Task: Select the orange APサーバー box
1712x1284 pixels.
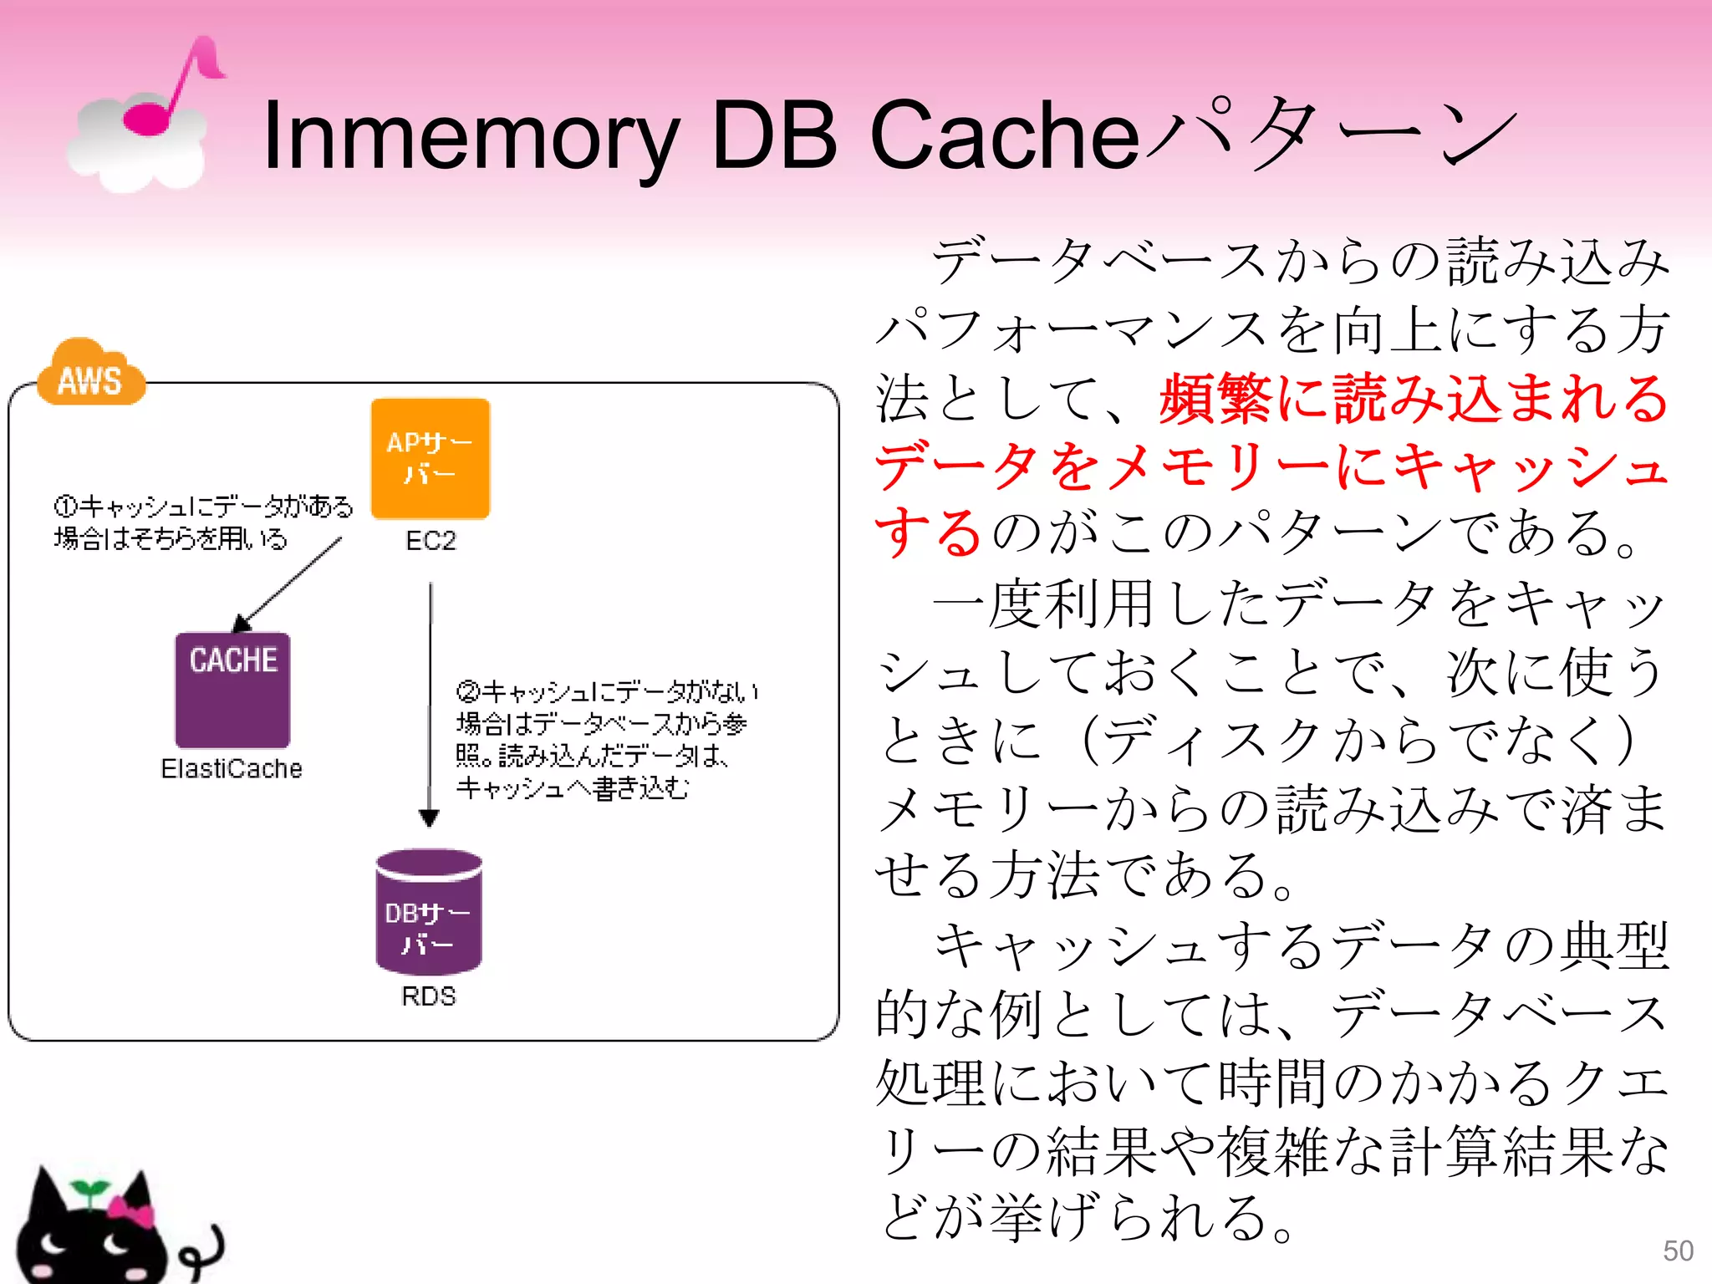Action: click(x=430, y=458)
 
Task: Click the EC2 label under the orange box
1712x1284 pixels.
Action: click(x=431, y=541)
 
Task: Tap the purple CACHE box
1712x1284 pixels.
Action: click(x=232, y=690)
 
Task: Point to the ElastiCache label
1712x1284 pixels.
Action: click(x=232, y=768)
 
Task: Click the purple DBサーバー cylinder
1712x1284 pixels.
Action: click(x=429, y=913)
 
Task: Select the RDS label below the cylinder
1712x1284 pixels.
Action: click(x=429, y=996)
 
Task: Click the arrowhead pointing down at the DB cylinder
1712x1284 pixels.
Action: click(x=429, y=817)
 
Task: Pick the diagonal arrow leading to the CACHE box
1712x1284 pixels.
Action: click(x=288, y=585)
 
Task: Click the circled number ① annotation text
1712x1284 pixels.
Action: click(x=203, y=522)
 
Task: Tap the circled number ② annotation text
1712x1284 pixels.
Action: click(x=606, y=740)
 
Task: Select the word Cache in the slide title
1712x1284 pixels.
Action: click(x=1003, y=136)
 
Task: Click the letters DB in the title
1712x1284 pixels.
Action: click(x=772, y=136)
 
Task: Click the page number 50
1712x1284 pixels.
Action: click(x=1678, y=1251)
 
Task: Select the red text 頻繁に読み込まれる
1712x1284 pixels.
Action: click(x=1413, y=398)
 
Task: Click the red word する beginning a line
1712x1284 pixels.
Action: click(x=928, y=532)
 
